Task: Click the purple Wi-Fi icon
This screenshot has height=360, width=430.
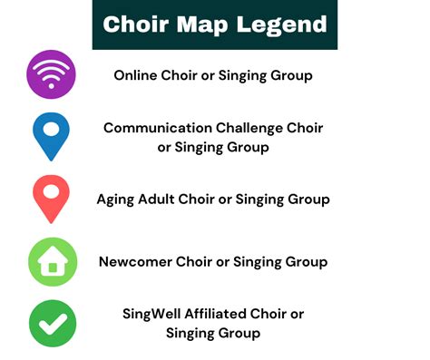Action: [52, 74]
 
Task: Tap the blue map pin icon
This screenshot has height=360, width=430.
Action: [52, 136]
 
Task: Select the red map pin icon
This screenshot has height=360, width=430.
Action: [52, 199]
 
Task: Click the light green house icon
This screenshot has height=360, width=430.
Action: [52, 261]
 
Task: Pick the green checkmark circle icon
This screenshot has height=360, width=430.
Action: [52, 323]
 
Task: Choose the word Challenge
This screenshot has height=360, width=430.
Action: [255, 128]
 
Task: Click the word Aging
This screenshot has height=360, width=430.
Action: [118, 199]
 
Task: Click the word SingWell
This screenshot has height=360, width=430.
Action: [154, 314]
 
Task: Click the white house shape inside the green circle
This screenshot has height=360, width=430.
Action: [52, 263]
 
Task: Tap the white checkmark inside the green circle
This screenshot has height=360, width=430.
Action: [52, 323]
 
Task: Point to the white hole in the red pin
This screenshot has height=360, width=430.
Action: [52, 191]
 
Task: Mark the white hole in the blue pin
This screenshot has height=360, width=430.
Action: [52, 129]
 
